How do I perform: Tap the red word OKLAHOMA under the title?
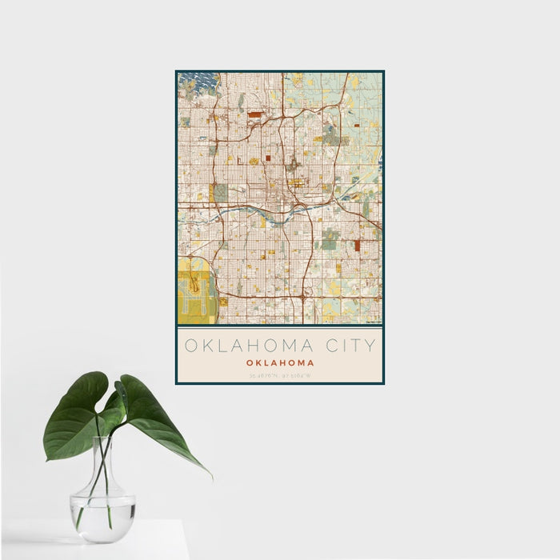(280, 362)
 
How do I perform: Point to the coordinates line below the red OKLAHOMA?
(280, 374)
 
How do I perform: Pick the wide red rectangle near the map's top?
(254, 114)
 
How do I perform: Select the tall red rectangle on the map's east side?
(357, 246)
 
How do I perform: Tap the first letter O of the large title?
(191, 346)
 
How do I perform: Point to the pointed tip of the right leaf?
(211, 477)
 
